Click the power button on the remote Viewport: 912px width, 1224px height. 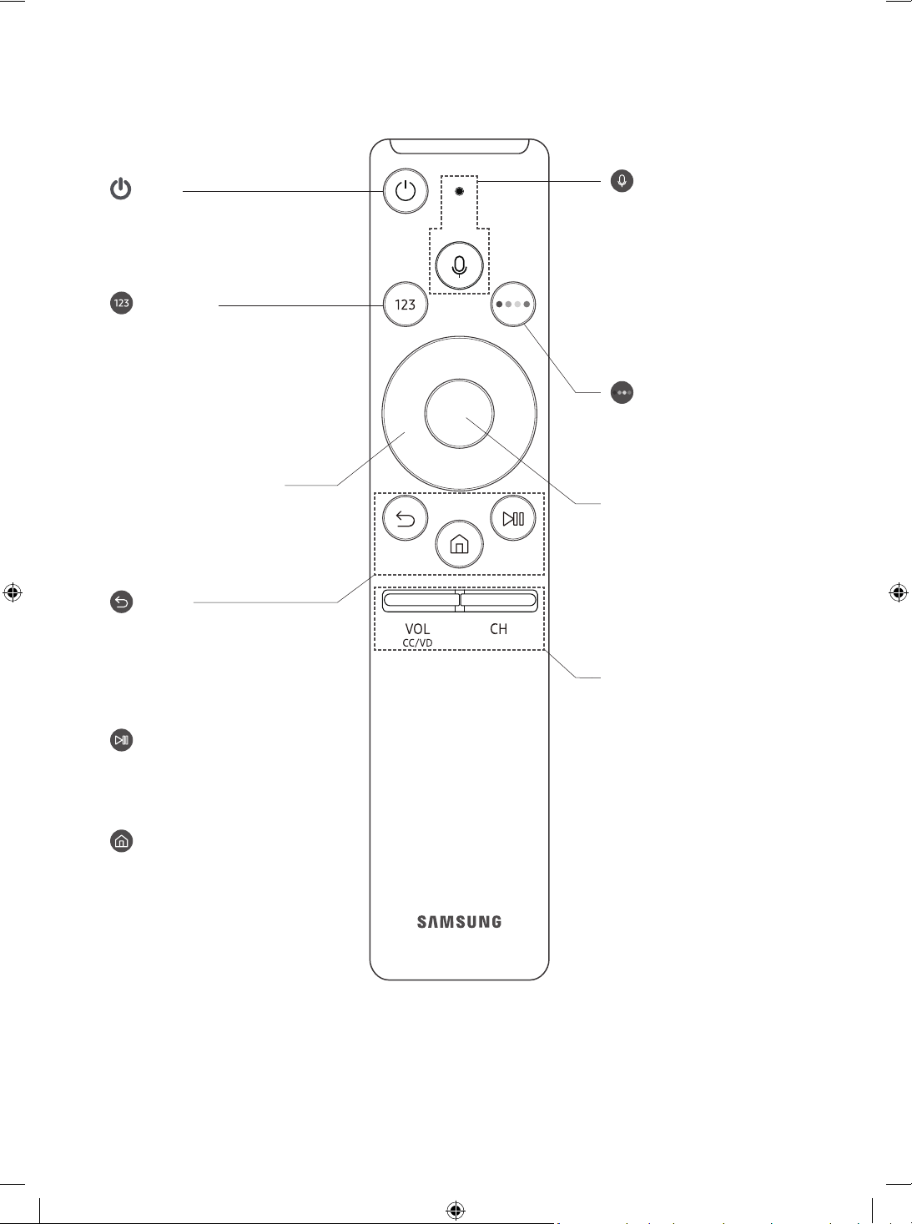(x=406, y=191)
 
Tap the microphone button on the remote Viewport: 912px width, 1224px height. (x=459, y=265)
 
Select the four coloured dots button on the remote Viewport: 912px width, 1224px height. (x=513, y=304)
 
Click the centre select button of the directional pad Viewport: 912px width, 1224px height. (x=459, y=413)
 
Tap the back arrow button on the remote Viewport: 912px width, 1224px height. (x=406, y=518)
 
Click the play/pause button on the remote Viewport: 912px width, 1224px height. (x=513, y=518)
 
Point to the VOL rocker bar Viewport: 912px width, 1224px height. (x=421, y=601)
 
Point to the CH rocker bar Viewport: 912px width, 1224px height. (x=499, y=601)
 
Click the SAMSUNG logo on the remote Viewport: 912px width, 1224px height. (x=459, y=922)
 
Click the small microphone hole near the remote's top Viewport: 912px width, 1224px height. (x=459, y=192)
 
